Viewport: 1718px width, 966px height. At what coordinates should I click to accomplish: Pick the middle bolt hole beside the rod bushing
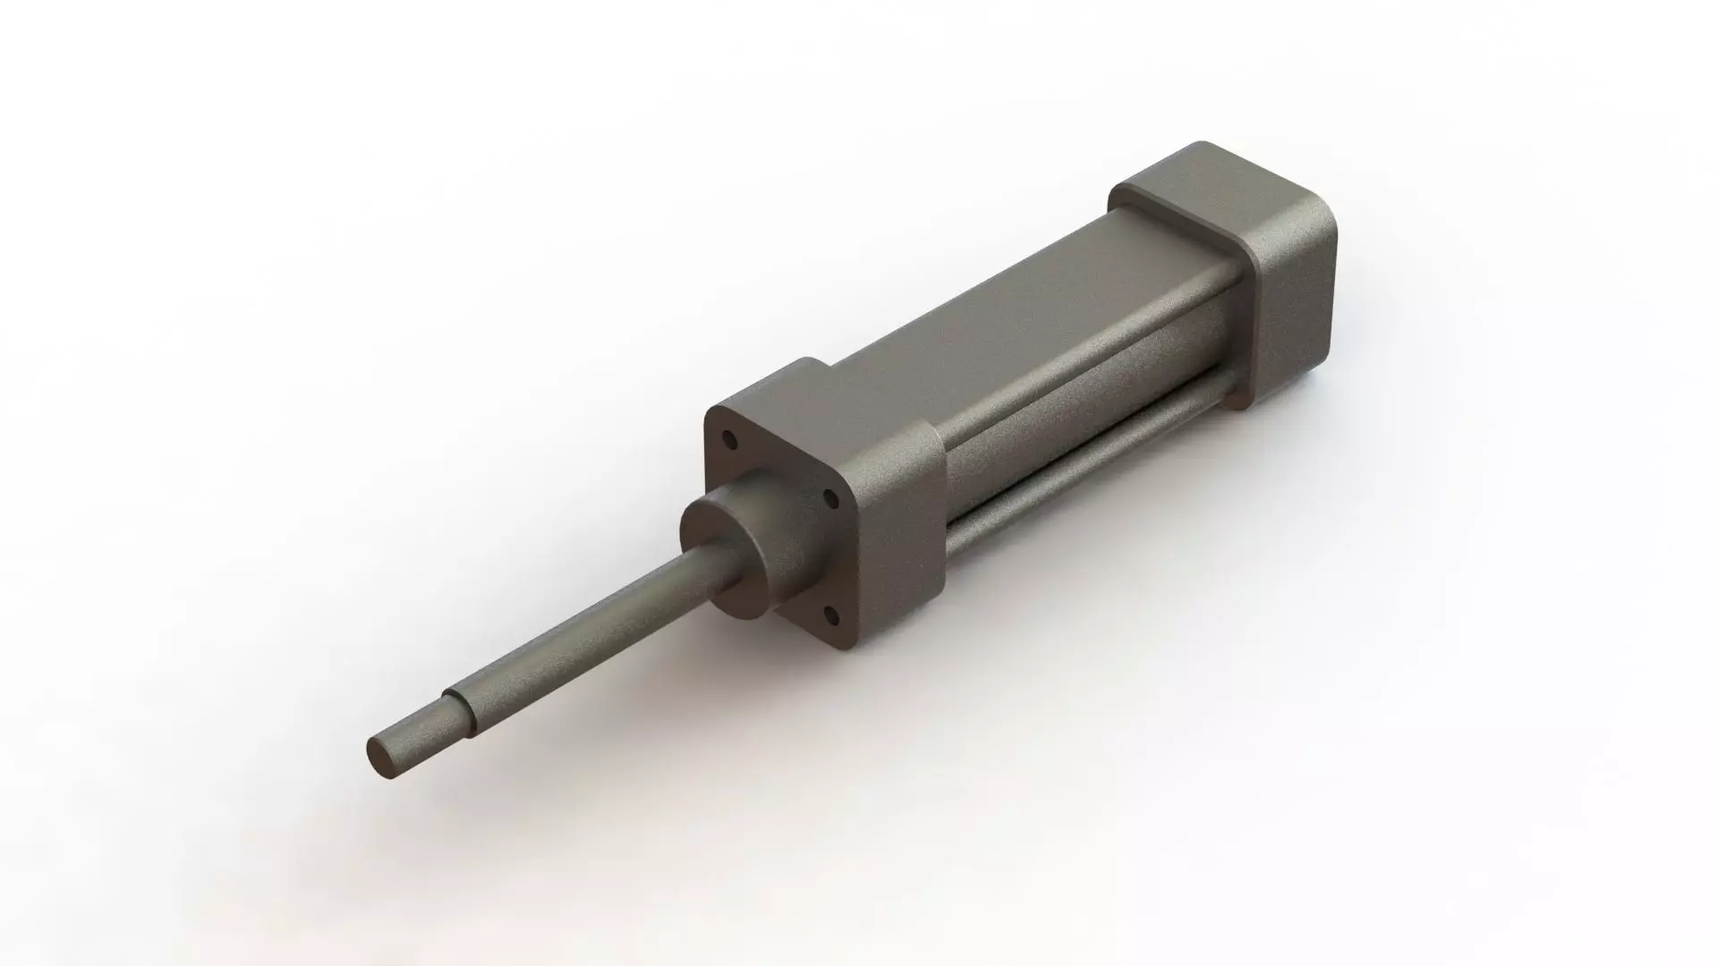pos(830,497)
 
